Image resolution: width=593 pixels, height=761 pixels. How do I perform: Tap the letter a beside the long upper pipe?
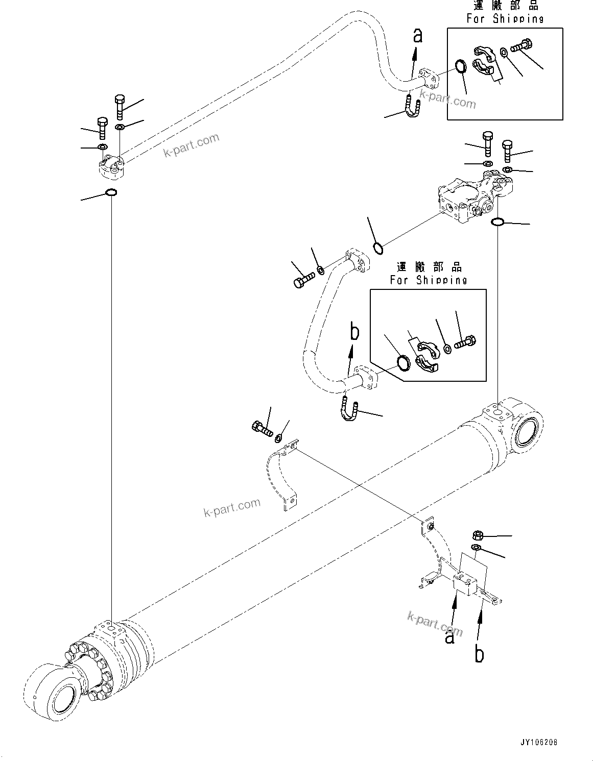click(x=418, y=36)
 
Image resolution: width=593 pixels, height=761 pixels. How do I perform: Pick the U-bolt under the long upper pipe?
click(x=413, y=108)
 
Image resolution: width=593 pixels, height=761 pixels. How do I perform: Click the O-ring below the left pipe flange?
click(x=111, y=193)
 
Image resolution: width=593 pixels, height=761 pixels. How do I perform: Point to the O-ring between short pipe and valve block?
click(x=378, y=248)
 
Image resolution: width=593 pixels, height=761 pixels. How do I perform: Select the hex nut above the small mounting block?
click(x=475, y=535)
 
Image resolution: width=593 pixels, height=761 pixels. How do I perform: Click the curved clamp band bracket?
click(x=281, y=475)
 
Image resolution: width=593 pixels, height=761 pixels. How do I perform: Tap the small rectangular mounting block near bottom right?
click(x=465, y=584)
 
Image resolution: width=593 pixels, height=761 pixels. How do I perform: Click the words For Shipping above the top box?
click(x=505, y=19)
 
